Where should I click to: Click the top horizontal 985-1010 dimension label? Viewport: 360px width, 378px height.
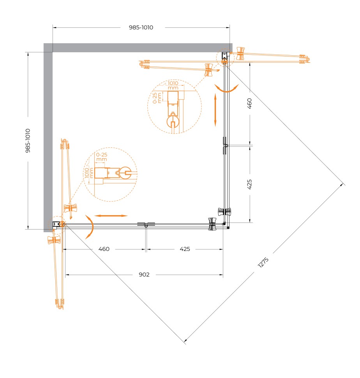pos(141,28)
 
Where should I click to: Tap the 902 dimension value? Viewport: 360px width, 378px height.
pos(144,275)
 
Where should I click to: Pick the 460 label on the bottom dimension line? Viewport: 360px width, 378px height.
pos(104,249)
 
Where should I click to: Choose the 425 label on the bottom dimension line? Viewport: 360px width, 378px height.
pos(185,249)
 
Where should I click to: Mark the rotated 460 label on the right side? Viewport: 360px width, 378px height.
pos(250,103)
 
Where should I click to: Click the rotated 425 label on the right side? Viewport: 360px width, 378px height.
pos(250,184)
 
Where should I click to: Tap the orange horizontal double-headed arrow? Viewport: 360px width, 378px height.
pos(111,215)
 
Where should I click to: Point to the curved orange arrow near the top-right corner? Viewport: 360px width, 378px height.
pos(226,89)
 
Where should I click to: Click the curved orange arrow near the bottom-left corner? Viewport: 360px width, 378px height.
pos(89,226)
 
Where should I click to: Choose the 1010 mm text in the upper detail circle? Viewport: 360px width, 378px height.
pos(173,86)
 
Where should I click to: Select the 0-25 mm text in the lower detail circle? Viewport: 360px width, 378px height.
pos(101,157)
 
